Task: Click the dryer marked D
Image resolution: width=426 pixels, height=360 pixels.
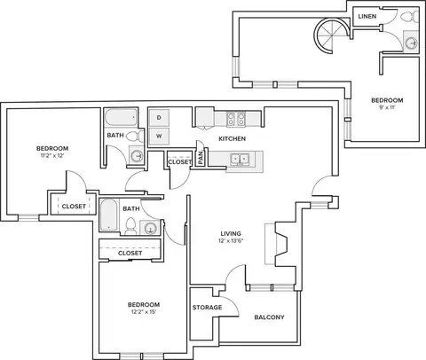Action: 159,118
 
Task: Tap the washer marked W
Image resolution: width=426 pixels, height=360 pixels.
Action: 159,137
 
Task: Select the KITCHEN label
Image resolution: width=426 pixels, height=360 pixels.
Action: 233,138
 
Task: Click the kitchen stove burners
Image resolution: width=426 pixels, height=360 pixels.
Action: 236,119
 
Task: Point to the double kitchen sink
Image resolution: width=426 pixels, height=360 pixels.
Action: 240,160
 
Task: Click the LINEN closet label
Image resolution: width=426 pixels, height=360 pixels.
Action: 367,17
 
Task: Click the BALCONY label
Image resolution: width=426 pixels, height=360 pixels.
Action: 269,317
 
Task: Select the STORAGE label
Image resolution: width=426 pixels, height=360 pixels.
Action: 207,308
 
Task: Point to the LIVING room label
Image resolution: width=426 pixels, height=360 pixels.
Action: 231,233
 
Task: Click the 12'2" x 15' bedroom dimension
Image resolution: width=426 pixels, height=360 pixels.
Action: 144,312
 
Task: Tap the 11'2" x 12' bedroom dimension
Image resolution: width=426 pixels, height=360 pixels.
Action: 52,155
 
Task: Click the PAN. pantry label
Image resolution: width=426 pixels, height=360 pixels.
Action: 201,158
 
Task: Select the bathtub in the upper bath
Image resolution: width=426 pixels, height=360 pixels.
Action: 122,117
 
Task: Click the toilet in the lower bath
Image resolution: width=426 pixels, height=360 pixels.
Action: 130,226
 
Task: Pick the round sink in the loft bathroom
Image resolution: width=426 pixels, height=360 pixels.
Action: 411,43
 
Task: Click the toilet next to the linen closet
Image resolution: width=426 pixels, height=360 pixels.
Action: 410,16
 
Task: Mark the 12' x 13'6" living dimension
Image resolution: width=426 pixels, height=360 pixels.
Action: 231,240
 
